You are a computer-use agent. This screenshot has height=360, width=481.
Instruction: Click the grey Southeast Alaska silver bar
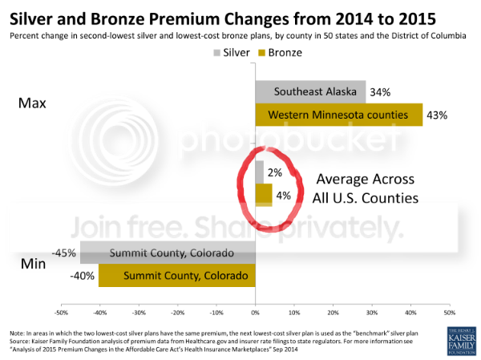(310, 91)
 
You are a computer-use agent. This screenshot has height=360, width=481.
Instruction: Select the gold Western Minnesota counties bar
(338, 115)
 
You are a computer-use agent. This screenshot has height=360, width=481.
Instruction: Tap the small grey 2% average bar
(259, 172)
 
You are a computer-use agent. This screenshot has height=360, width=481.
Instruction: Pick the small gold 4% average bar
(263, 195)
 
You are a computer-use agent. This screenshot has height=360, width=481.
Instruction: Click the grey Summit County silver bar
(168, 253)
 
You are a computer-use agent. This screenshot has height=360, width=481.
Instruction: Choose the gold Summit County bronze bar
(176, 276)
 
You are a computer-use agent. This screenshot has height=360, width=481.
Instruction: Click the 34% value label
(381, 92)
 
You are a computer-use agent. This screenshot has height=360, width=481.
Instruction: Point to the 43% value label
(437, 115)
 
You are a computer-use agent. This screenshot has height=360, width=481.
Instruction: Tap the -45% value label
(64, 253)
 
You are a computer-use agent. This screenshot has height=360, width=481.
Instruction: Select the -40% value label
(83, 277)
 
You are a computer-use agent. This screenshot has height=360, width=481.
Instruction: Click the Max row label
(34, 103)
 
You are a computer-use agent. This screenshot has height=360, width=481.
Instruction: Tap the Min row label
(33, 264)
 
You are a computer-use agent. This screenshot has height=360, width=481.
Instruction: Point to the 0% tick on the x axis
(255, 311)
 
